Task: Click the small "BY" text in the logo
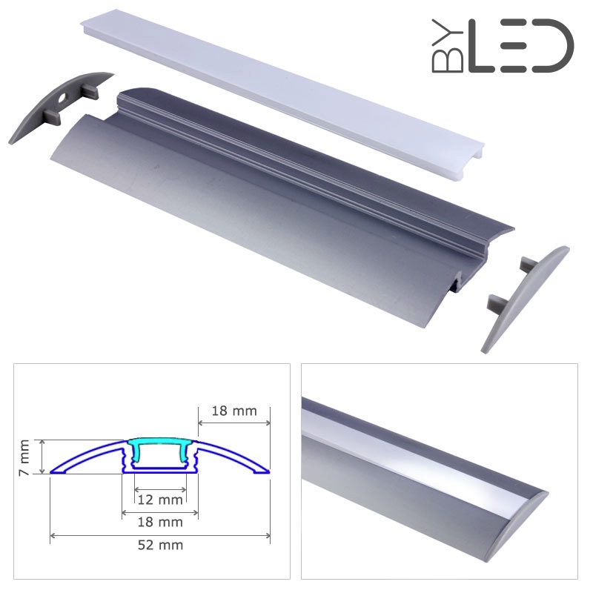tap(448, 46)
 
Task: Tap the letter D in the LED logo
tap(554, 46)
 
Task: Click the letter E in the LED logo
tap(514, 46)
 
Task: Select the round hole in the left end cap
tap(62, 99)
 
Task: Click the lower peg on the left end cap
tap(52, 117)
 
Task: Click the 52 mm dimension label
tap(160, 545)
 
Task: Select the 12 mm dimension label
tap(160, 500)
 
